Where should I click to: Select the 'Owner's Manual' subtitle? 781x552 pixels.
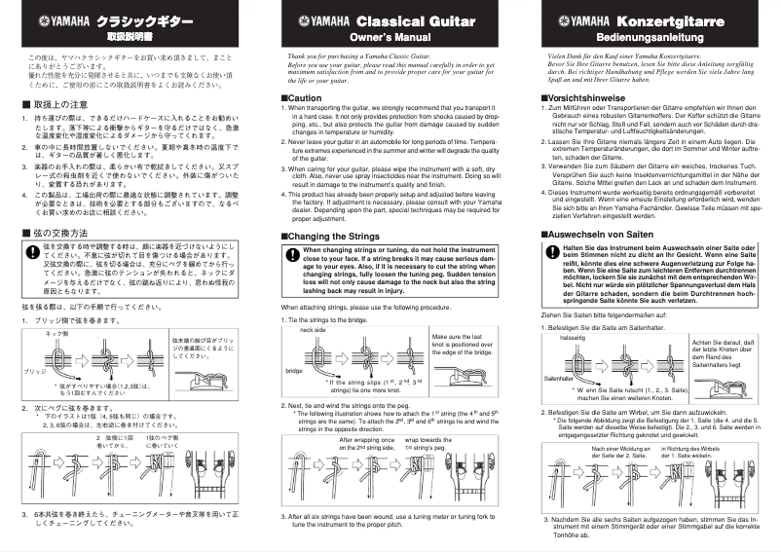click(x=390, y=36)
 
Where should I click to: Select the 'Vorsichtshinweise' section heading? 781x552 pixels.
click(x=585, y=98)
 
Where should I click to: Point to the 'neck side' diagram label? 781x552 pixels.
click(x=313, y=330)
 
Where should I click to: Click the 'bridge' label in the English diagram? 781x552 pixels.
click(x=293, y=371)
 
